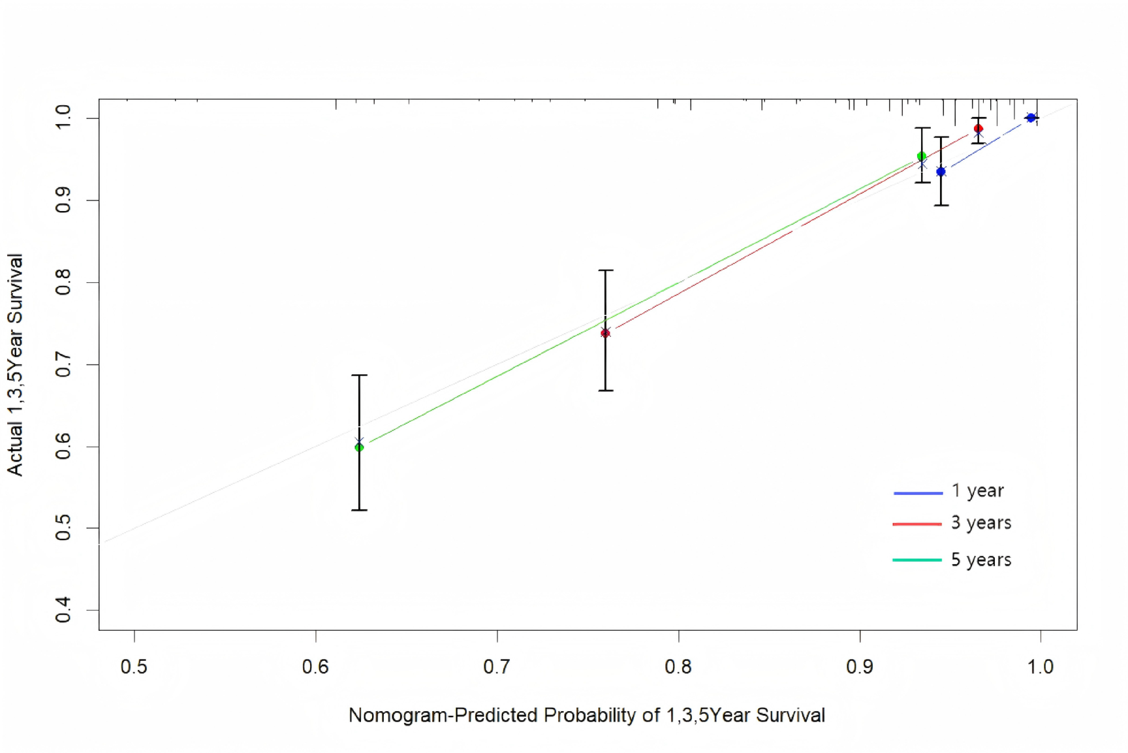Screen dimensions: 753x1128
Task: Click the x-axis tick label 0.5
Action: coord(134,667)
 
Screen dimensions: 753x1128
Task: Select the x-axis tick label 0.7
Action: coord(497,667)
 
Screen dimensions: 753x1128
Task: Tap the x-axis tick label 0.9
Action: coord(860,667)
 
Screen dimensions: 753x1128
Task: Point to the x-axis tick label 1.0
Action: coord(1041,667)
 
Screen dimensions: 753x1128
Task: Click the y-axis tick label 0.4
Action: coord(63,610)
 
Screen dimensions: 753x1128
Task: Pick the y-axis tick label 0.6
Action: coord(63,446)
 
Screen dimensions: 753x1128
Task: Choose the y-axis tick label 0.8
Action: coord(63,282)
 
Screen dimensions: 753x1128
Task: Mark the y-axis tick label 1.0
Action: coord(63,118)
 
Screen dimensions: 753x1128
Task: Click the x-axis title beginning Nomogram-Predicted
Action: coord(586,715)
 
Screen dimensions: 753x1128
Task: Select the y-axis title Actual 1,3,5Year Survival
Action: coord(15,364)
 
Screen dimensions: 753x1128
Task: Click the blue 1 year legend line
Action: coord(918,493)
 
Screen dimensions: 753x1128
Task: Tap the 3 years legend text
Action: coord(980,523)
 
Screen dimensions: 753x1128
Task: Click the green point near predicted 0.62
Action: coord(359,447)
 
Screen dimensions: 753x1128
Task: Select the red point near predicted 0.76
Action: coord(606,333)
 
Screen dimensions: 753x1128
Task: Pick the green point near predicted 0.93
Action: coord(922,156)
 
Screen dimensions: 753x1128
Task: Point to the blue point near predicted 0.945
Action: coord(941,172)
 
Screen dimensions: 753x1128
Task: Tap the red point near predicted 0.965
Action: coord(978,129)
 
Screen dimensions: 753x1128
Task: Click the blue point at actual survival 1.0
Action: coord(1031,118)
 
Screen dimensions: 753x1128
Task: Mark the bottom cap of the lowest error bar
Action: coord(359,510)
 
